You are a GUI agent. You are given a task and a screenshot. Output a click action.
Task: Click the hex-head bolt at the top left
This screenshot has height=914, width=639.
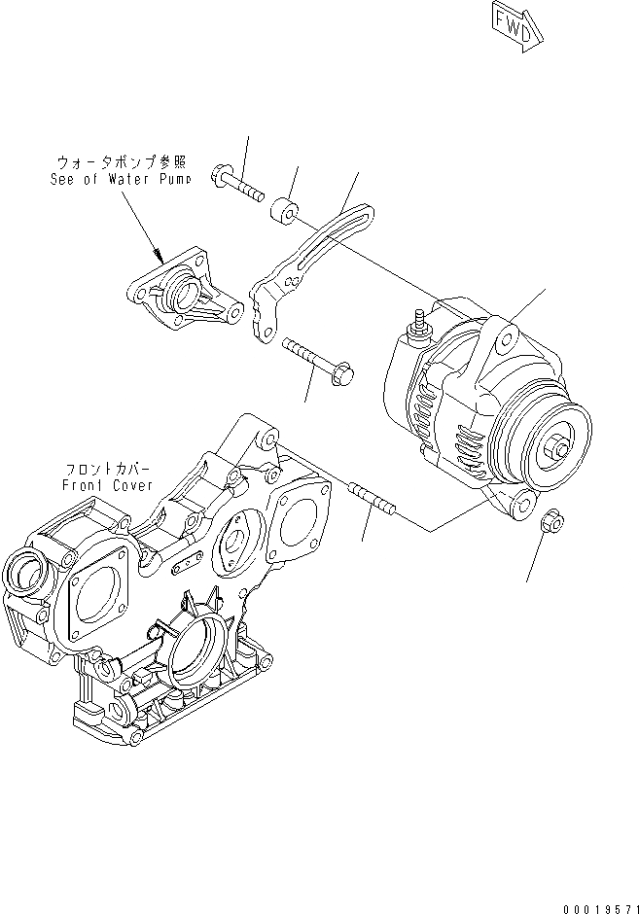(235, 184)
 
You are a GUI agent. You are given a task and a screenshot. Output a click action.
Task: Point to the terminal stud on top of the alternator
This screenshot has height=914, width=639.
(421, 326)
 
